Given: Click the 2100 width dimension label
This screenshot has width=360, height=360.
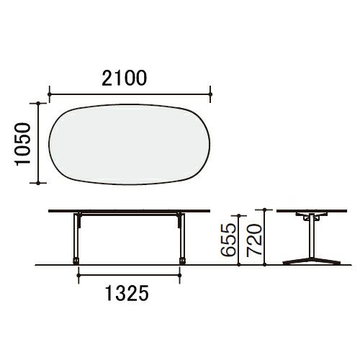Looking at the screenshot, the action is [x=124, y=78].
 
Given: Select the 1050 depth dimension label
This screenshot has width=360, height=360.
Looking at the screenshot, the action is [x=23, y=144].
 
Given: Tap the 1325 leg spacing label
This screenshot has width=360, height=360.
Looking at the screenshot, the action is [x=127, y=293].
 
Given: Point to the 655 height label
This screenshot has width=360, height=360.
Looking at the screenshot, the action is [x=228, y=240].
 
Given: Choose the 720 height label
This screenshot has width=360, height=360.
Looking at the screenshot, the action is [x=254, y=240].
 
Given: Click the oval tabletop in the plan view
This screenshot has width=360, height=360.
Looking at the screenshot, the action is [x=130, y=145].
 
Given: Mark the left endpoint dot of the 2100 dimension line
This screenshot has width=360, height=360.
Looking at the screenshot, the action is [x=50, y=94].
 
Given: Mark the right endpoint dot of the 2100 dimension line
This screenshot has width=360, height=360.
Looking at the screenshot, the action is [x=210, y=94].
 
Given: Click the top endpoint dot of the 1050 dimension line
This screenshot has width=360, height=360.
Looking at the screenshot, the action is [x=38, y=103].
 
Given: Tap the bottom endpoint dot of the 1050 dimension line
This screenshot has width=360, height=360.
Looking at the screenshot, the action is [x=38, y=183].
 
